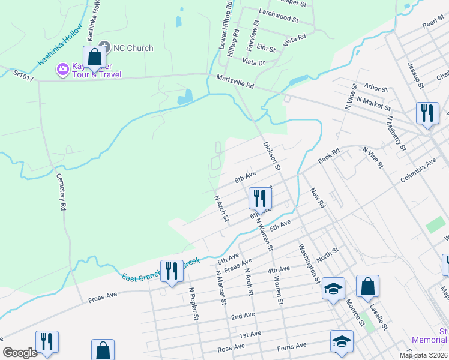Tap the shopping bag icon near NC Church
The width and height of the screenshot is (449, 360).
click(94, 58)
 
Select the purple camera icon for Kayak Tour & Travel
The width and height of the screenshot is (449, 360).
click(62, 70)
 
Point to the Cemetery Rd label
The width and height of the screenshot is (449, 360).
click(61, 191)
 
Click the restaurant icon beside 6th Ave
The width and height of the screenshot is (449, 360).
click(259, 198)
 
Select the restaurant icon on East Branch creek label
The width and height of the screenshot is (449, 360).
click(172, 271)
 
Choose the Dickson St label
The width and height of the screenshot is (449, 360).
click(271, 156)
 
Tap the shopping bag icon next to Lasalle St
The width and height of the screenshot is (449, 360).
click(367, 288)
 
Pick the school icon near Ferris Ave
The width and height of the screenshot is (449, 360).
click(342, 342)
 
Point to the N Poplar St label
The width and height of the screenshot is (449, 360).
click(194, 304)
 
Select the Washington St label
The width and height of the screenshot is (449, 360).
click(309, 263)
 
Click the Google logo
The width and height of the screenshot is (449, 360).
click(20, 352)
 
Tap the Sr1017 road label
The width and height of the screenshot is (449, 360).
click(25, 74)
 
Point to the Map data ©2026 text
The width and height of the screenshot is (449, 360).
click(423, 355)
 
